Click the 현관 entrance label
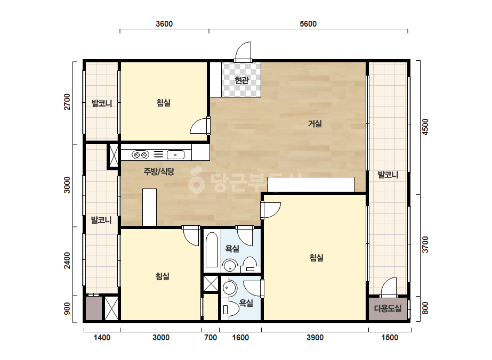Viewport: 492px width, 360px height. coord(241,80)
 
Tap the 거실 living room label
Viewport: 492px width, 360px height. coord(314,124)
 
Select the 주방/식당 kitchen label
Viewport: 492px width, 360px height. coord(159,171)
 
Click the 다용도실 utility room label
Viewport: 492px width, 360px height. coord(388,308)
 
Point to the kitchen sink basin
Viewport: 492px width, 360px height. coord(175,155)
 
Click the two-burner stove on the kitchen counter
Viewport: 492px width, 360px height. coord(140,155)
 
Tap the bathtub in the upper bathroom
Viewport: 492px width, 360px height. coord(212,250)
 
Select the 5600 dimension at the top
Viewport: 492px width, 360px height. coord(308,24)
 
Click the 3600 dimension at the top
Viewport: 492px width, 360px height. coord(164,24)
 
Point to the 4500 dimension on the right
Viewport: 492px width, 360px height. coord(425,127)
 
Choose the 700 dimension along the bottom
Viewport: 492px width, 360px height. coord(211,338)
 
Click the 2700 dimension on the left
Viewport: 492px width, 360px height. coord(67,102)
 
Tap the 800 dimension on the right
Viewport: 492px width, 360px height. coord(425,308)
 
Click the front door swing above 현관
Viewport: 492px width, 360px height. coord(243,52)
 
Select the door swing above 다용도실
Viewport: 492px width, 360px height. coord(389,287)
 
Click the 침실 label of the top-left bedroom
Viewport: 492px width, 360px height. coord(164,103)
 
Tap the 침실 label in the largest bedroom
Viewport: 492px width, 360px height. coord(316,258)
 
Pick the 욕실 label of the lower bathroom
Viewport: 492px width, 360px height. coord(246,302)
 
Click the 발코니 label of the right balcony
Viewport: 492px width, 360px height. coord(388,175)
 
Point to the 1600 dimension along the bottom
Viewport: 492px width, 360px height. coord(240,338)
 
